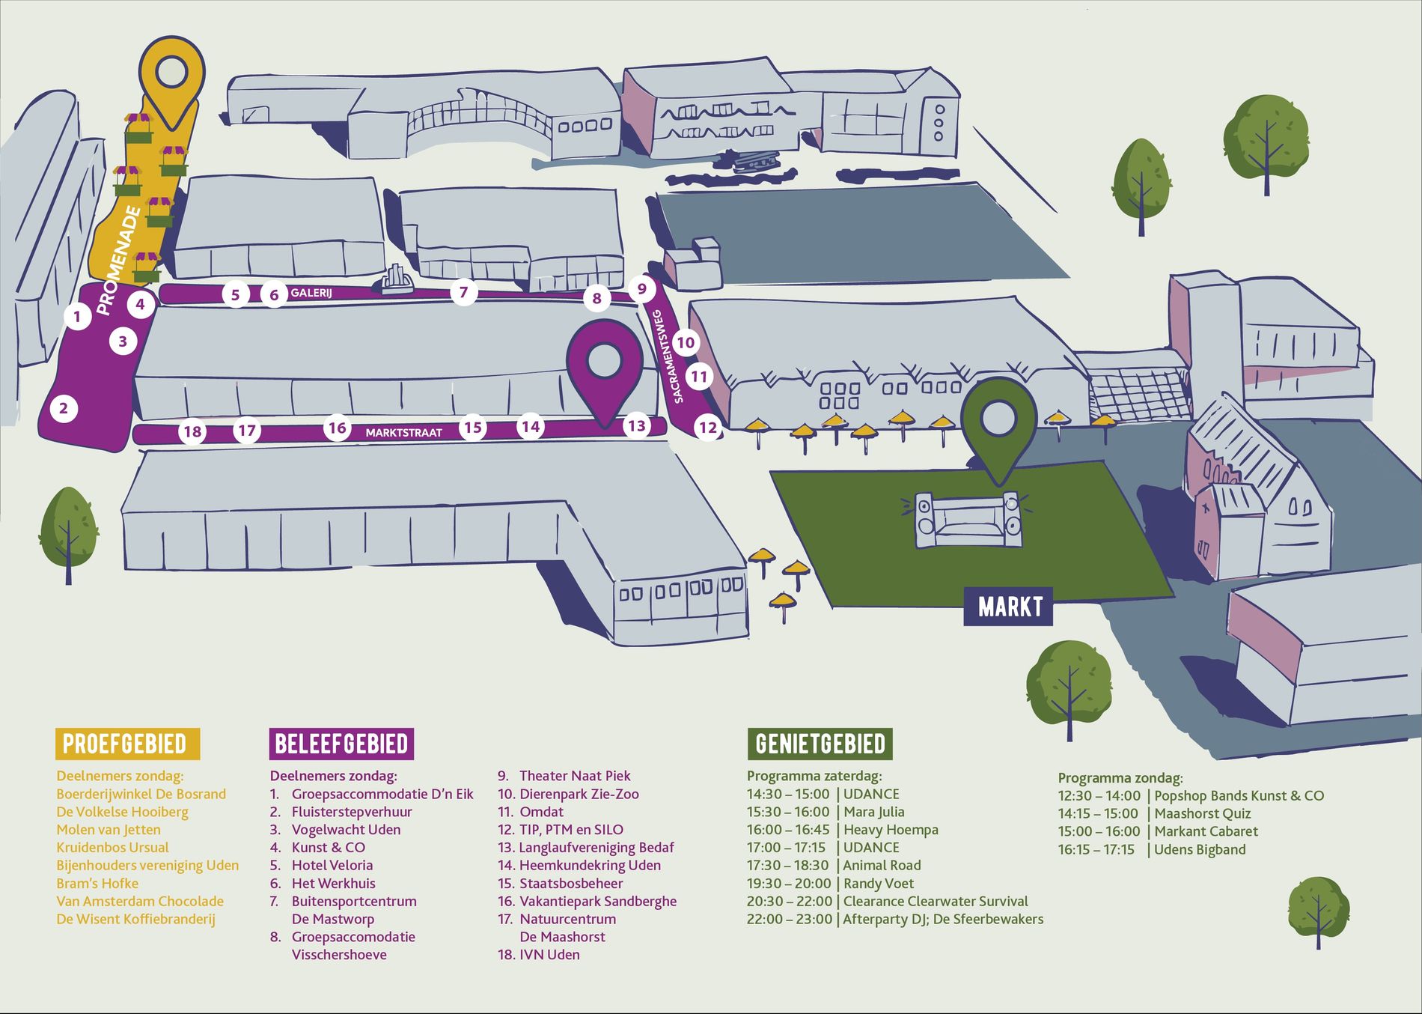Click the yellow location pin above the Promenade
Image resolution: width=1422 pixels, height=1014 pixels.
tap(173, 75)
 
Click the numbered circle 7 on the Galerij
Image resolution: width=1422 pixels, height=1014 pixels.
tap(464, 292)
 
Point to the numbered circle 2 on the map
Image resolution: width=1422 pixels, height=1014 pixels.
tap(64, 408)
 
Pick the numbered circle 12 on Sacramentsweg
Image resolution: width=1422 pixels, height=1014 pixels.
tap(707, 428)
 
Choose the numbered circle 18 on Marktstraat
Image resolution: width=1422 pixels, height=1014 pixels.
tap(192, 431)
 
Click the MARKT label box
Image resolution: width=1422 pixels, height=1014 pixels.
tap(1008, 607)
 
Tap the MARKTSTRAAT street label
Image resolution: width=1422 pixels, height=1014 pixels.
tap(403, 433)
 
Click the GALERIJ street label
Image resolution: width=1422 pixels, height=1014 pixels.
tap(311, 293)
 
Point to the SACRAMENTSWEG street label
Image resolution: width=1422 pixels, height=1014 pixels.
tap(668, 356)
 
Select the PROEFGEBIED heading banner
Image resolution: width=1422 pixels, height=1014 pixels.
tap(127, 744)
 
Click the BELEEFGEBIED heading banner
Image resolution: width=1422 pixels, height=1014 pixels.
tap(341, 744)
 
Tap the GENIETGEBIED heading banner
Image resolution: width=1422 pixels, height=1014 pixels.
tap(820, 744)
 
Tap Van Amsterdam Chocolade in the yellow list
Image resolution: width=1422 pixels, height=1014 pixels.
tap(140, 901)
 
